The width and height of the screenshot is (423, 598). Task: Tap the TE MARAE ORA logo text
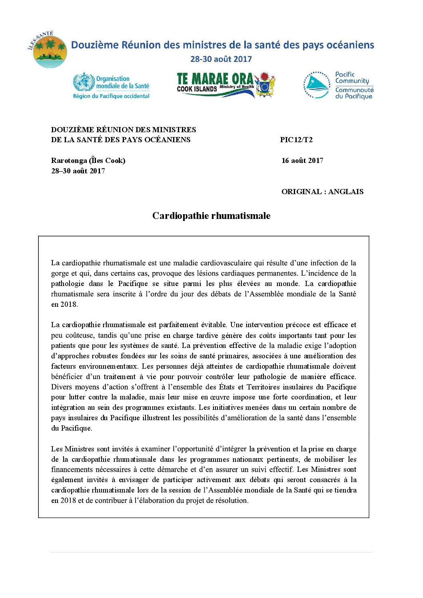coord(215,79)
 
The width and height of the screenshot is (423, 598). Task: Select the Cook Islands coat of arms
coord(265,85)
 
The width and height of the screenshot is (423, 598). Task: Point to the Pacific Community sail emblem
coord(316,85)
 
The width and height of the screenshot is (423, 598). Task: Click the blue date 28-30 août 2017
coord(221,59)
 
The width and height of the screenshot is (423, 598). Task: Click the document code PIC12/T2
coord(296,140)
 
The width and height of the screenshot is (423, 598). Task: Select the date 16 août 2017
coord(302,161)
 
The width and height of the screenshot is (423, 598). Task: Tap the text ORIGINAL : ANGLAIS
coord(322,192)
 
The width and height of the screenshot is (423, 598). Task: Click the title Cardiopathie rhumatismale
coord(211,216)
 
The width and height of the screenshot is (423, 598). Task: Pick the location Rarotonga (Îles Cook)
coord(88,161)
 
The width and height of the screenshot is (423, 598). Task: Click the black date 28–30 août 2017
coord(78,171)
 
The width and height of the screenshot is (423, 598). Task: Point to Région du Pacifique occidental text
coord(111,96)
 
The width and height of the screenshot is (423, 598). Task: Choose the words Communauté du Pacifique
coord(354,93)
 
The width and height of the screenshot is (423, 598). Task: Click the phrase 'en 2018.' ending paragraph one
coord(64,304)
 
